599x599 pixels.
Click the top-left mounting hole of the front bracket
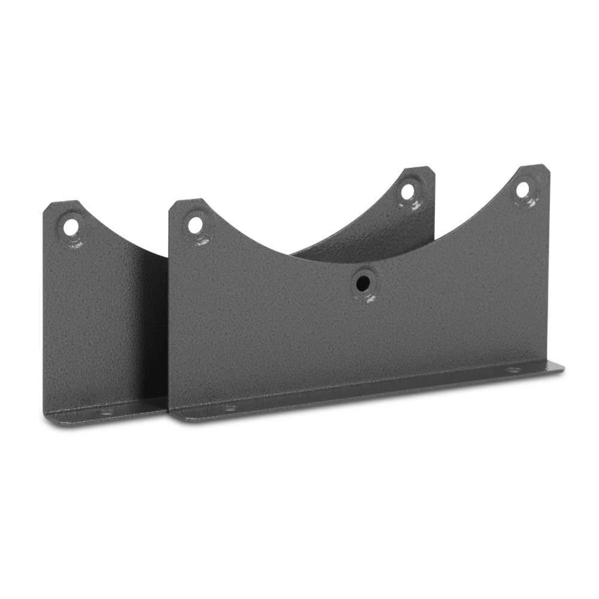pos(195,225)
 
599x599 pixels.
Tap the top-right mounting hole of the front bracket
pos(522,189)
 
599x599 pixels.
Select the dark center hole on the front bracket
pos(362,283)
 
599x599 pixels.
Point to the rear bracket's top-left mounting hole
pos(71,227)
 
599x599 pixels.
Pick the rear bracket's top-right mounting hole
pos(407,192)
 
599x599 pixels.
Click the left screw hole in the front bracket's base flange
pos(229,408)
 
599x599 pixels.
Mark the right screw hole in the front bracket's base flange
pos(513,370)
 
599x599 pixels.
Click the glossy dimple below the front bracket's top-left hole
pos(201,241)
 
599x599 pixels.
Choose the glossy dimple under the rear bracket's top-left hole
pos(75,243)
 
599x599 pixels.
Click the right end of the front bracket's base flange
pos(562,367)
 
